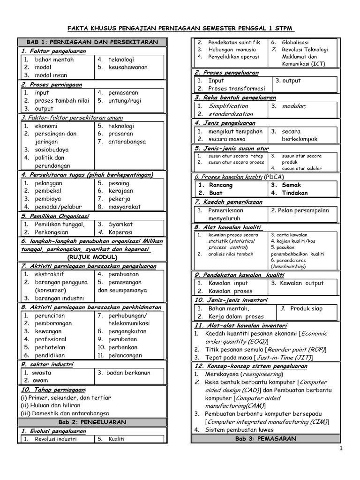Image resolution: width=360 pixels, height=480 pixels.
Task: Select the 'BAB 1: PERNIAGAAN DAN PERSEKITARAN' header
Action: point(92,42)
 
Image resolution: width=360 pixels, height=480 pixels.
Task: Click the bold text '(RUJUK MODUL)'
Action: point(92,257)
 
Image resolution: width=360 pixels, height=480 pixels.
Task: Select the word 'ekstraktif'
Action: point(50,274)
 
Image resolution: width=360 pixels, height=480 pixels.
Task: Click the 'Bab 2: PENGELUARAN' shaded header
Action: point(92,422)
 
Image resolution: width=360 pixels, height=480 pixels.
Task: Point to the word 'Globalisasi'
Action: point(295,42)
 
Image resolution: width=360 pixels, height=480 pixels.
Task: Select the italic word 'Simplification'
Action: point(228,106)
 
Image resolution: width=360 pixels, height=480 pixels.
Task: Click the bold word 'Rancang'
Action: point(221,185)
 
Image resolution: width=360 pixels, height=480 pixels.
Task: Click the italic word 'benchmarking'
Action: point(289,266)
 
